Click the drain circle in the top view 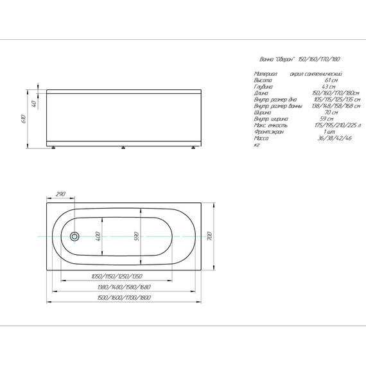coord(74,236)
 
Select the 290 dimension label coord(61,194)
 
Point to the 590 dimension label coord(135,236)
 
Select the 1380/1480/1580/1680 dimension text coord(122,287)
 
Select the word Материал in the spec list coord(265,74)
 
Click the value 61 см coord(330,80)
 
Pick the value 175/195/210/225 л coord(329,125)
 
